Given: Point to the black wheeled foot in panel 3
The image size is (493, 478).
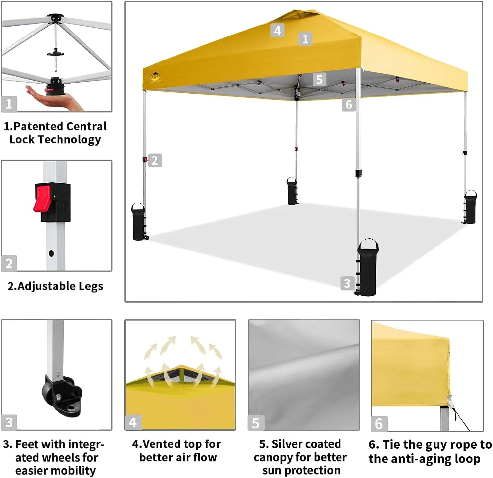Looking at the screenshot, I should tap(62, 394).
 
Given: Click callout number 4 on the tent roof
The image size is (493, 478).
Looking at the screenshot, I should tap(277, 31).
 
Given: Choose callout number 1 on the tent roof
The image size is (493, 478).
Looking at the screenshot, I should tap(305, 39).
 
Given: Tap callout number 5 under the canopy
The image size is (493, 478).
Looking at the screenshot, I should tap(319, 80).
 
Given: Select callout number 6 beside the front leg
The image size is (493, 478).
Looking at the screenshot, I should tap(349, 105).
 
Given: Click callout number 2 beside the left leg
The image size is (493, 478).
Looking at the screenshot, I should tap(155, 160).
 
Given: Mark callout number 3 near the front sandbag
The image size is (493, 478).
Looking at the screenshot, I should tap(347, 283).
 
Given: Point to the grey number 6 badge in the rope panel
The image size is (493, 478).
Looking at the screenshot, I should tap(379, 424).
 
